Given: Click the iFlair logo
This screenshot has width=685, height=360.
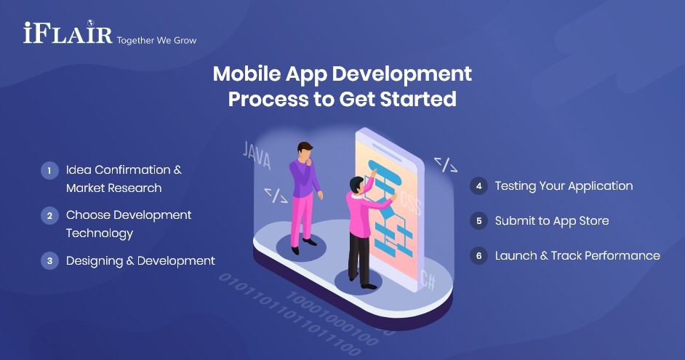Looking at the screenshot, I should coord(68,33).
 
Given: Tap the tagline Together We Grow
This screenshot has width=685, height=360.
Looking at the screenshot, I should coord(156,40).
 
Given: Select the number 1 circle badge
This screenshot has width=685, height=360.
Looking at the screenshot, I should coord(49,171).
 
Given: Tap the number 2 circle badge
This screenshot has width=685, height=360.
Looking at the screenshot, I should coord(49,215).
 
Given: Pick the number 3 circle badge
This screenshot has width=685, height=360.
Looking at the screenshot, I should coord(49,261).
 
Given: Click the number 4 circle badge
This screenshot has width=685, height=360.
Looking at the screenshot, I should coord(478,186).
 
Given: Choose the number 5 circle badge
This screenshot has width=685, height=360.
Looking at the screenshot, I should coord(478,221).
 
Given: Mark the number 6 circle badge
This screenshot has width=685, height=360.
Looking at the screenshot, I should coord(478,256).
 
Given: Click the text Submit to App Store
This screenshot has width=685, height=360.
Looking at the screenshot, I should coord(552,221).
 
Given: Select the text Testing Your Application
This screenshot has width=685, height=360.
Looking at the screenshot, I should coord(564,186).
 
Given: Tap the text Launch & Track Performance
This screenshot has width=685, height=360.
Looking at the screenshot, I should coord(577,256).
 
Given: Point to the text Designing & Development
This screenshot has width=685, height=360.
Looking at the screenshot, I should coord(140,261).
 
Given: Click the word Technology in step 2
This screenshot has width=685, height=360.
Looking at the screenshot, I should coord(100,233).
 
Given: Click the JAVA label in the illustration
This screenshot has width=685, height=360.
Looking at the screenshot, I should coord(256,155).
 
